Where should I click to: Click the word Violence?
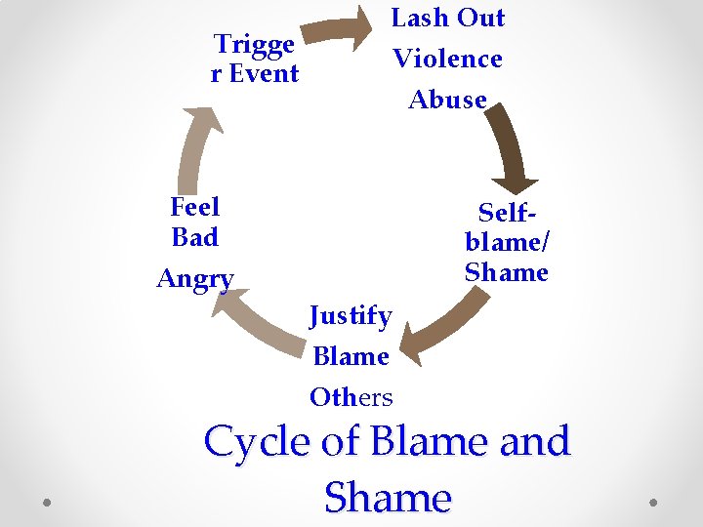[447, 59]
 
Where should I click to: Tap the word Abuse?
[447, 100]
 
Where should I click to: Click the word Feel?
[194, 207]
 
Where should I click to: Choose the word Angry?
[195, 279]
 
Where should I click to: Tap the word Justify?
[351, 316]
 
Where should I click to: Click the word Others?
[351, 397]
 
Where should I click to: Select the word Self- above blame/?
[508, 212]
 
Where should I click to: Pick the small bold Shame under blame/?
[507, 272]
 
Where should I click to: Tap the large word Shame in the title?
[388, 498]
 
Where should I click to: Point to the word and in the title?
[533, 442]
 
